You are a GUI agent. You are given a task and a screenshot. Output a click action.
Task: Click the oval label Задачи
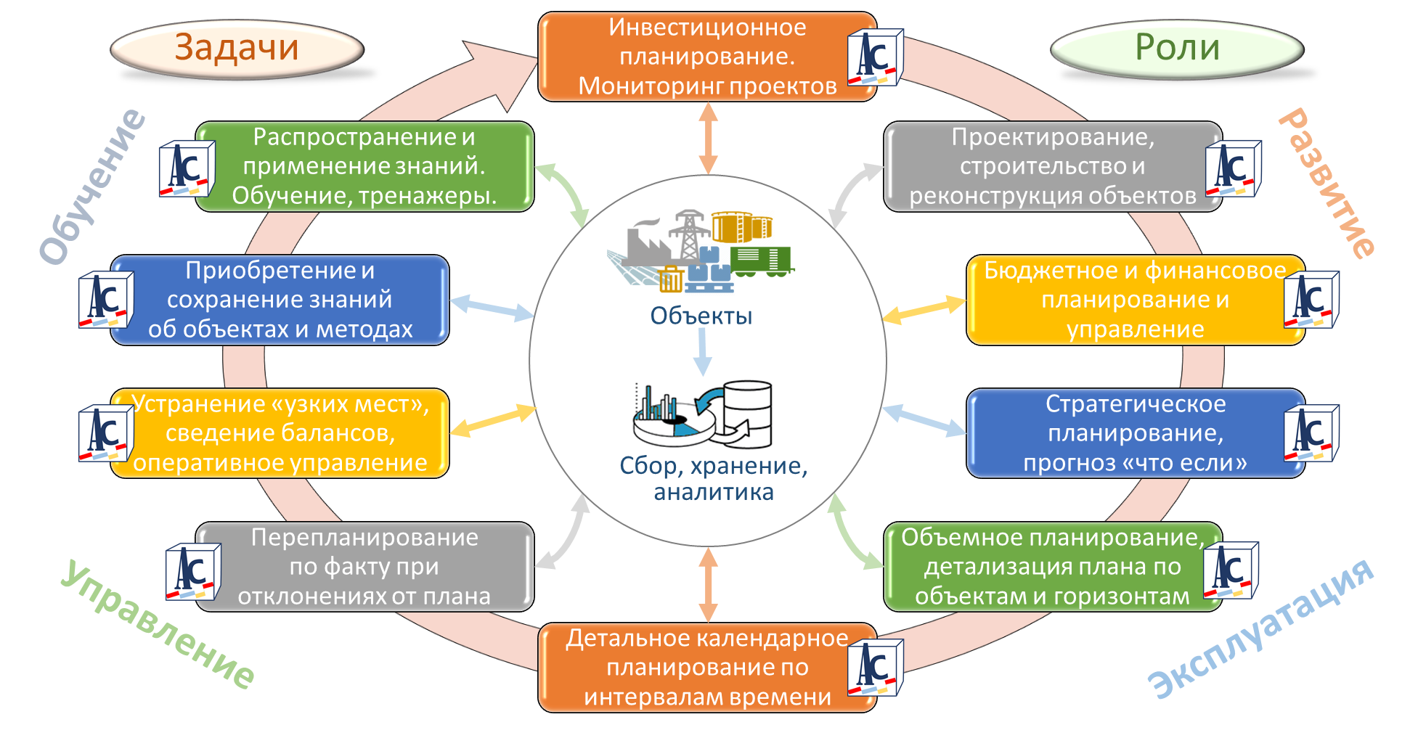pos(237,48)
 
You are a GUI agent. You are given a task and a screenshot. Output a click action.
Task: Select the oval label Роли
pos(1177,48)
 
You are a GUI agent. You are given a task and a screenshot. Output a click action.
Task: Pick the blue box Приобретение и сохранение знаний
pos(280,300)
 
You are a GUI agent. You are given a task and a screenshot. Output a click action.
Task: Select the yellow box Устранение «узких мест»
pos(280,433)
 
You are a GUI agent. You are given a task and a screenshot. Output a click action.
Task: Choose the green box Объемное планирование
pos(1046,567)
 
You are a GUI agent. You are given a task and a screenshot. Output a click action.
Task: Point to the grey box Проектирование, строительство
pos(1046,166)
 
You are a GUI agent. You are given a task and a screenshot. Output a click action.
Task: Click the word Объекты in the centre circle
pos(701,316)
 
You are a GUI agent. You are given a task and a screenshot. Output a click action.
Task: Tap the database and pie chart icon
pos(703,414)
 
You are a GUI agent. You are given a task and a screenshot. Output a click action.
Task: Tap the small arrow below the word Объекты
pos(702,352)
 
